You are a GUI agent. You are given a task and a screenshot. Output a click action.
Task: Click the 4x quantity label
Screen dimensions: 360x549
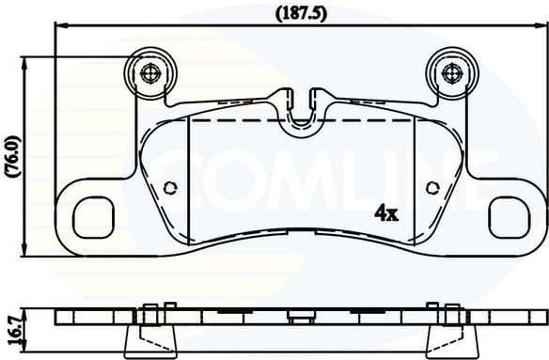point(386,213)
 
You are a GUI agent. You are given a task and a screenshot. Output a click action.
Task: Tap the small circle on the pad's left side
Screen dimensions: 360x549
point(170,187)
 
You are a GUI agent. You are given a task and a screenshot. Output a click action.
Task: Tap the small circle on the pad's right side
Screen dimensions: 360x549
point(433,187)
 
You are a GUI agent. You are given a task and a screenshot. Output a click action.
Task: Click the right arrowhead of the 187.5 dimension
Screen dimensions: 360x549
point(541,28)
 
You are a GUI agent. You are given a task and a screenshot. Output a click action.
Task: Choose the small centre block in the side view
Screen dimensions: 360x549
point(301,318)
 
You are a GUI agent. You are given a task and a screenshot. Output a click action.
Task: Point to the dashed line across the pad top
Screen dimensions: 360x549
point(301,121)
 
